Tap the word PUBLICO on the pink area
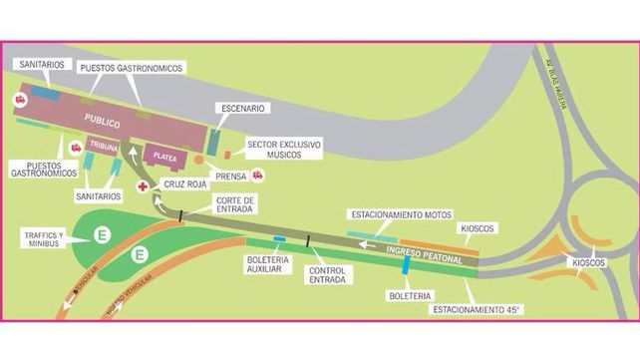(102, 124)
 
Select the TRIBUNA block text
(103, 146)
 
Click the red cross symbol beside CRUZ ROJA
(143, 186)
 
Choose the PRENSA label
(230, 176)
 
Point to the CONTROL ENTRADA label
(328, 274)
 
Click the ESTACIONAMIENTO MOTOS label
(401, 214)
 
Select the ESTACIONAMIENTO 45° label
(477, 310)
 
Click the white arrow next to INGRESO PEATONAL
(369, 243)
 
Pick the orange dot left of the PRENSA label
(198, 160)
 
